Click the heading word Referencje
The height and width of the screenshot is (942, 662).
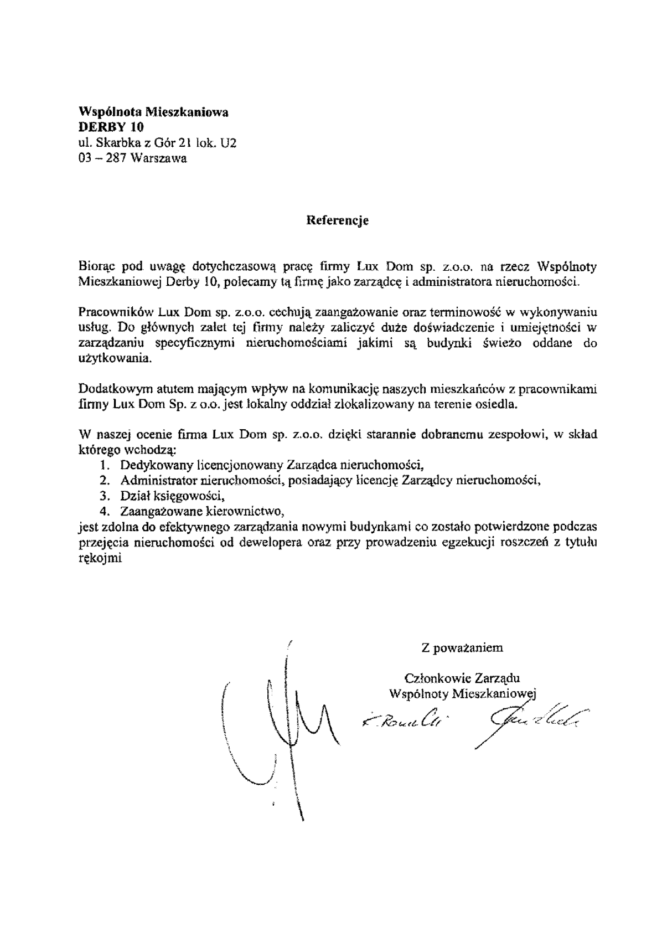[x=338, y=221]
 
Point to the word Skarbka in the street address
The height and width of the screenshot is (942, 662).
[x=114, y=143]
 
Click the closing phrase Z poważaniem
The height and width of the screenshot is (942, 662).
[x=462, y=646]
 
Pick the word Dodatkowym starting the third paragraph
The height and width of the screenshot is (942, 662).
[x=111, y=388]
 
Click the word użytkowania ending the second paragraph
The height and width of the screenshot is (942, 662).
[x=115, y=358]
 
